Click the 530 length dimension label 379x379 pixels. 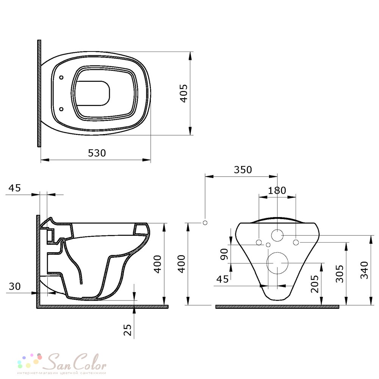click(x=97, y=153)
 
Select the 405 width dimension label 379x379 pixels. click(x=184, y=93)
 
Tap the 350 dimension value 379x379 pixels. click(x=243, y=170)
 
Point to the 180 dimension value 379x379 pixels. click(x=277, y=191)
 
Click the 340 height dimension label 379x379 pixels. click(x=364, y=270)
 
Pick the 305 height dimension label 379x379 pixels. click(x=340, y=274)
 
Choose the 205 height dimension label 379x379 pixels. click(x=315, y=284)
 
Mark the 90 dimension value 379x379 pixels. click(x=224, y=254)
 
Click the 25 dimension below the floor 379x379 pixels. click(x=127, y=330)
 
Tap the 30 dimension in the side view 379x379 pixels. click(x=15, y=287)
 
